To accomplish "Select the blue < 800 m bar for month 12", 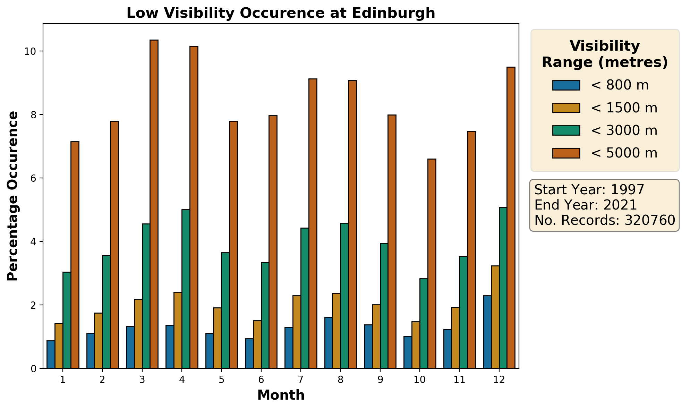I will pos(487,332).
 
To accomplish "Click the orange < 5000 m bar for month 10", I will pos(432,264).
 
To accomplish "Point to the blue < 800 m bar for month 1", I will pos(51,355).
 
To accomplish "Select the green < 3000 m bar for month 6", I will pos(265,315).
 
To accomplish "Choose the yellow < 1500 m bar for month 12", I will pos(495,317).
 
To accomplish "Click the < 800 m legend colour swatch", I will pos(566,85).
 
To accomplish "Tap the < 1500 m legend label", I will pos(624,108).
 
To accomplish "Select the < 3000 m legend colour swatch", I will pos(566,130).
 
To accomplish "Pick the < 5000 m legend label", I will pos(624,153).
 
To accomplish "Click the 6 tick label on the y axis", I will pos(34,178).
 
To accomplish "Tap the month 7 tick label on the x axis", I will pos(301,380).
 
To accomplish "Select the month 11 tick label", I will pos(459,380).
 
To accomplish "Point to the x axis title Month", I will pos(281,395).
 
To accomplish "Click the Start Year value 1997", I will pos(627,190).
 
